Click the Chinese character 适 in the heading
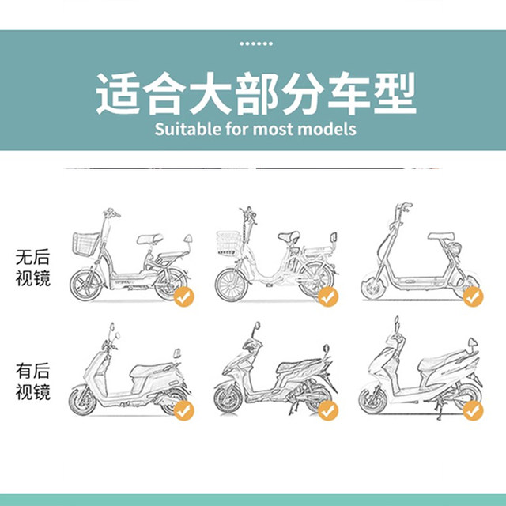coord(118,93)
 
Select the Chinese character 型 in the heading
coord(395,93)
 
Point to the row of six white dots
coord(256,43)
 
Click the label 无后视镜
coord(33,267)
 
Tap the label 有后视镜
coord(33,381)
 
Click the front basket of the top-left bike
coord(85,244)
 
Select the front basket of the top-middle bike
coord(228,243)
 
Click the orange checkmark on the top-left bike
coord(184,296)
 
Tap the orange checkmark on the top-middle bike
coord(328,296)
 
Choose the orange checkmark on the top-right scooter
coord(473,296)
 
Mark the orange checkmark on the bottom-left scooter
coord(184,410)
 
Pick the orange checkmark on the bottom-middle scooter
coord(328,410)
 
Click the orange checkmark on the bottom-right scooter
coord(473,410)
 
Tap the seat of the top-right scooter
coord(441,236)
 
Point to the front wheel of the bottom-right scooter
coord(373,401)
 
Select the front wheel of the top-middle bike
coord(232,285)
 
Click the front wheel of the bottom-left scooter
coord(82,401)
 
